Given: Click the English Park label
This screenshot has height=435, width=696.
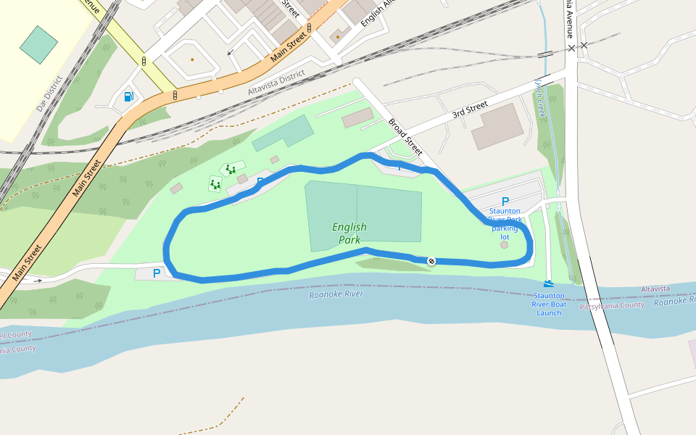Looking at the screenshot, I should click(x=349, y=233).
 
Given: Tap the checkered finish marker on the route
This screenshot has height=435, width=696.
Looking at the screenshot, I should click(x=431, y=260).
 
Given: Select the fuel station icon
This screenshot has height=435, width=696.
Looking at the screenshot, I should click(x=128, y=96).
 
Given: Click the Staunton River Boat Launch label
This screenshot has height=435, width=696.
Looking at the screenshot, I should click(x=549, y=304).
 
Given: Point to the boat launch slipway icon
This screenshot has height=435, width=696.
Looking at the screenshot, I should click(x=549, y=283).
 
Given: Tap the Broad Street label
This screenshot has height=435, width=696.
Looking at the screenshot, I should click(x=405, y=136).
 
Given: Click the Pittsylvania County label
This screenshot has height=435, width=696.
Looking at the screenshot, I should click(x=612, y=306).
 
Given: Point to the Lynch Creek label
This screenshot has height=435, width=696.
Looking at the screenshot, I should click(x=541, y=94).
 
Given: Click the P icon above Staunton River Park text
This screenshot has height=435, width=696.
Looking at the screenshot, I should click(x=505, y=202).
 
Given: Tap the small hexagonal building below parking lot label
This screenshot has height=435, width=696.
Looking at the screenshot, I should click(x=505, y=244).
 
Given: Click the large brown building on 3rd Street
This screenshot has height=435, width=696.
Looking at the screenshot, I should click(x=497, y=126).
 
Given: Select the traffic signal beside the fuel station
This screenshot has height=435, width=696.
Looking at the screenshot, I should click(x=175, y=95).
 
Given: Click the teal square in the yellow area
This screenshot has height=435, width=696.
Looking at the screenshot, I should click(x=38, y=44).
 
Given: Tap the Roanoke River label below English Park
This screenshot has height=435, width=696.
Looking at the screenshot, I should click(x=336, y=294).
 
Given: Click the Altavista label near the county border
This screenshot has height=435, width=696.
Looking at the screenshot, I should click(x=655, y=289).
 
